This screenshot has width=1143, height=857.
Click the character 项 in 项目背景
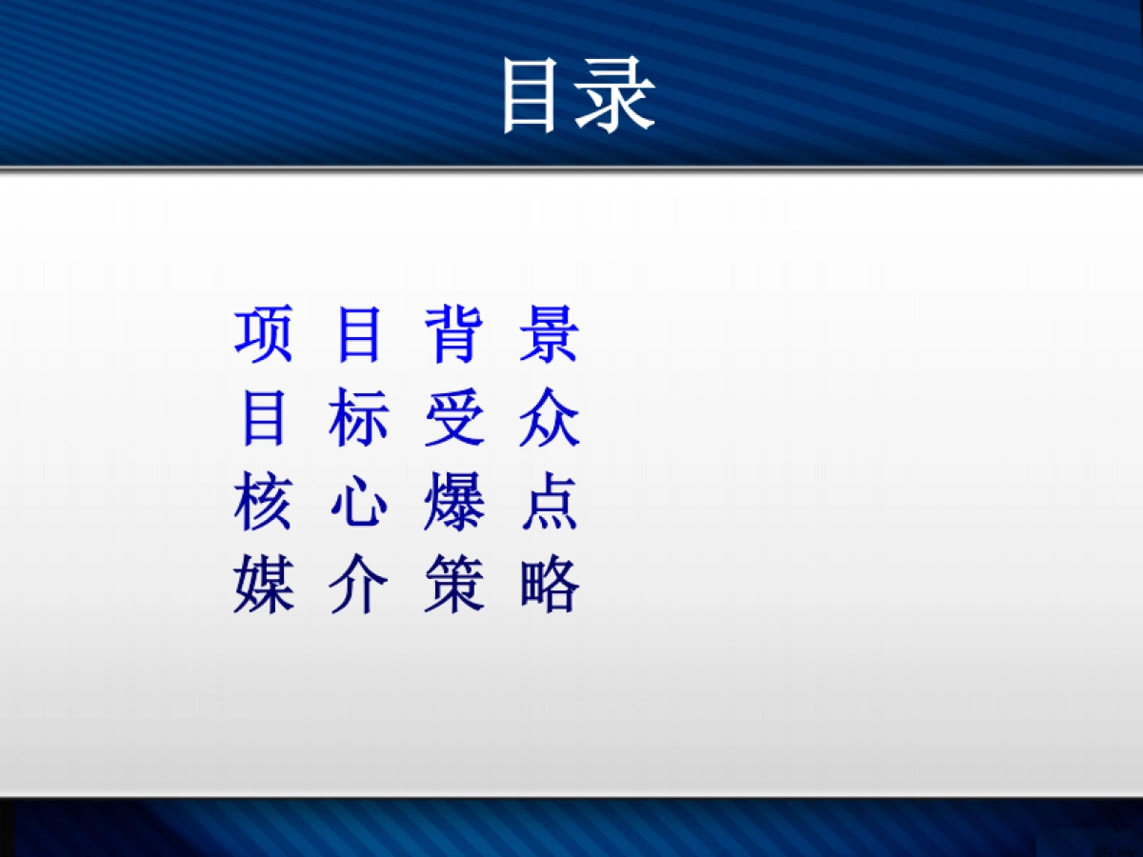(x=263, y=335)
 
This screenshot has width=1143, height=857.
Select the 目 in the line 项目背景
(x=359, y=335)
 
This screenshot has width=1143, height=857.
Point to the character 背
(x=453, y=335)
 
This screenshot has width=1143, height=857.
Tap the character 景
(x=550, y=335)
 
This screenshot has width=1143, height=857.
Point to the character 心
(x=359, y=505)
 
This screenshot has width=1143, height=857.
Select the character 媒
(x=263, y=586)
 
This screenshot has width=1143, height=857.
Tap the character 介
(x=359, y=586)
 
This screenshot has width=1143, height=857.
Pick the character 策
(x=453, y=586)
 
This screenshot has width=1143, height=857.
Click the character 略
(x=550, y=586)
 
